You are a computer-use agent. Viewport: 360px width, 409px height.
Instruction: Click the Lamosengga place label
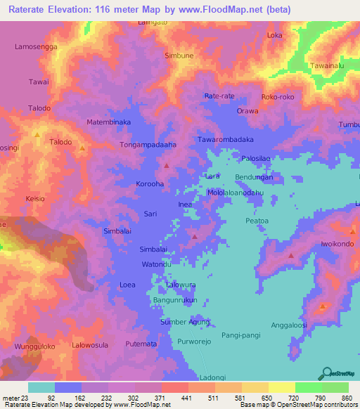coord(35,46)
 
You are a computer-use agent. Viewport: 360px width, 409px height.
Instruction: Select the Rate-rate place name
coord(219,96)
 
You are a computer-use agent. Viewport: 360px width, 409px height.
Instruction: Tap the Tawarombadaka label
coord(225,139)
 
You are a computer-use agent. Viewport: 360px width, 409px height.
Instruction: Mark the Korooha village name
coord(150,184)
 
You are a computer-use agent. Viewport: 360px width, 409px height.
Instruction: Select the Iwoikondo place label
coord(335,244)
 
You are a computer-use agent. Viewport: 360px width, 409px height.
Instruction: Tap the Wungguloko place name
coord(34,346)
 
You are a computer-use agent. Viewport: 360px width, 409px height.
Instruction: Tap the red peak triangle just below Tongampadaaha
coord(167,166)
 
